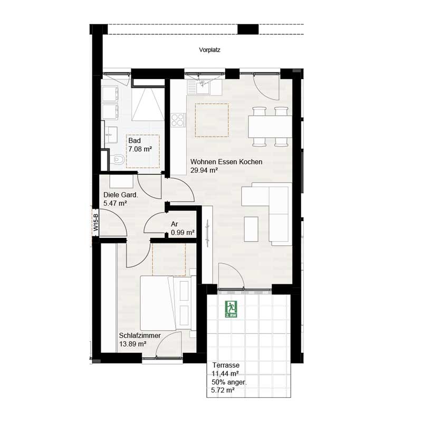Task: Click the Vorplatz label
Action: pyautogui.click(x=209, y=51)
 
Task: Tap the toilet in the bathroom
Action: pyautogui.click(x=119, y=159)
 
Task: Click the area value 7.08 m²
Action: pyautogui.click(x=140, y=150)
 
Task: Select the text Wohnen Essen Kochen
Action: pyautogui.click(x=226, y=162)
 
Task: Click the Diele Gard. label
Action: pyautogui.click(x=121, y=195)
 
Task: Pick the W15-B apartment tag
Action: pyautogui.click(x=96, y=222)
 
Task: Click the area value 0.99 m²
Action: pyautogui.click(x=183, y=232)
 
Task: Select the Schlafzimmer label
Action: pyautogui.click(x=138, y=335)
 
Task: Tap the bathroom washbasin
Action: pyautogui.click(x=110, y=131)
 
